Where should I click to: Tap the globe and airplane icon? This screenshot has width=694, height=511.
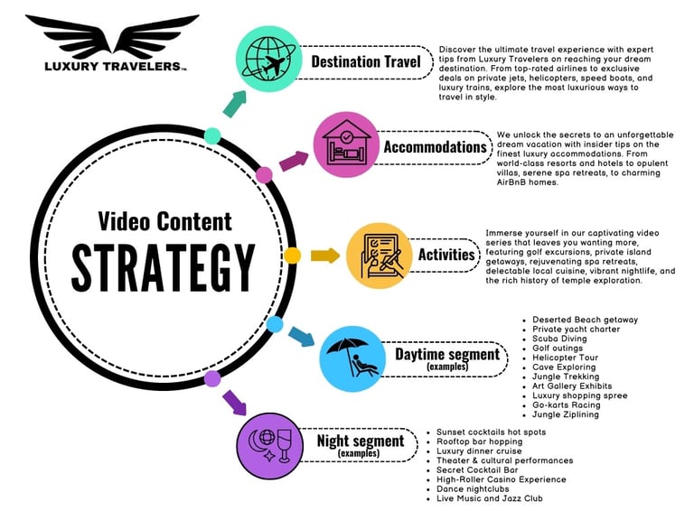tap(269, 60)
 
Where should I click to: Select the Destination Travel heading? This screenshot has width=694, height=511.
tap(366, 61)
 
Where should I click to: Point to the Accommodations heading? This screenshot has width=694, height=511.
tap(435, 146)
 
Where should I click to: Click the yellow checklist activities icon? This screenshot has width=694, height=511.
tap(380, 255)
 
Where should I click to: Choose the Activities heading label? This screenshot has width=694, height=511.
tap(446, 255)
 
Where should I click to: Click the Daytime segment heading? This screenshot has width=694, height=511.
tap(446, 355)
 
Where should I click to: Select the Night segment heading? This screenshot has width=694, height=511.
tap(360, 441)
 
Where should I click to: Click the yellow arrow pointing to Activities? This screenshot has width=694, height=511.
tap(324, 255)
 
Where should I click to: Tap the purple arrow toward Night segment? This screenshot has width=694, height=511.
tap(233, 400)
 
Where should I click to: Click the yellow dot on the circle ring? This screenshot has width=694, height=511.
tap(292, 256)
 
